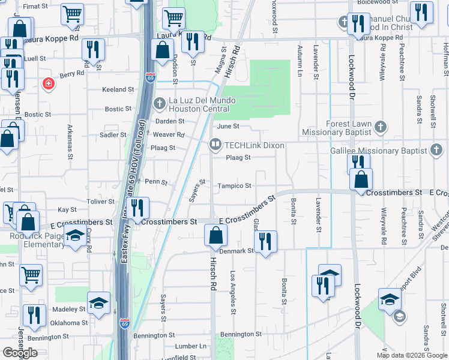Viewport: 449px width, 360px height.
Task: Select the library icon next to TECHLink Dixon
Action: (215, 145)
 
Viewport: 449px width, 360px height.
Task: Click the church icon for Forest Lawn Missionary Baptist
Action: (379, 127)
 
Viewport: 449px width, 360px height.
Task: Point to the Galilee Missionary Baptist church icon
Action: (438, 151)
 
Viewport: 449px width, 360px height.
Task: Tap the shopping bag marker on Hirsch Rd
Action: (215, 235)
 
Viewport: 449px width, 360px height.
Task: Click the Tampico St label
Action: (234, 186)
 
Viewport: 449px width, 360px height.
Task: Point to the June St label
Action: (228, 127)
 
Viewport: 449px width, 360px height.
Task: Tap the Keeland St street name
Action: (118, 89)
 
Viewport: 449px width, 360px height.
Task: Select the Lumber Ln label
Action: (190, 346)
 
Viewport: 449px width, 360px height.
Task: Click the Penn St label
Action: (155, 181)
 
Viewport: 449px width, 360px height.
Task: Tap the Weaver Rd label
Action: (169, 135)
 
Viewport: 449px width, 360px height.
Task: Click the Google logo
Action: (19, 353)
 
